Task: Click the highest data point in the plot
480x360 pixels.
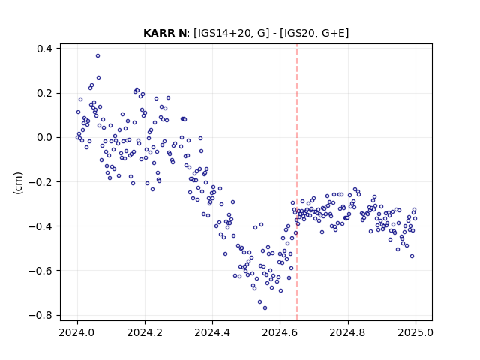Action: [97, 56]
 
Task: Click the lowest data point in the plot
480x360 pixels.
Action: [265, 307]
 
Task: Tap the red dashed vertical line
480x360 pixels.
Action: [297, 182]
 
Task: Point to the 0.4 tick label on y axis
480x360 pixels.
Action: [44, 49]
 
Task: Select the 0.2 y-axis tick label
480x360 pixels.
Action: [44, 93]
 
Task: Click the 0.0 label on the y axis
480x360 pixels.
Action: [44, 138]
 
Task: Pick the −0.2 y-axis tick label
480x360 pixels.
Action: [40, 182]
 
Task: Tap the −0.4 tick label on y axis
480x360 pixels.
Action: [40, 226]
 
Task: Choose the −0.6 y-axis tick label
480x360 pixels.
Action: [40, 271]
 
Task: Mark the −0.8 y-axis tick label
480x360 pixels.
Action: [40, 315]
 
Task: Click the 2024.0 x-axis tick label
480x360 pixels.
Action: [77, 332]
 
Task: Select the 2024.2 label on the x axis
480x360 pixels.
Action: [145, 332]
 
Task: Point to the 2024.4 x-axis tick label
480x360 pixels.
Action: [212, 332]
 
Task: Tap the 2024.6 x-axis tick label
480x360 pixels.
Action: [280, 332]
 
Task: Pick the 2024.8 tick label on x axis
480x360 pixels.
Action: [348, 332]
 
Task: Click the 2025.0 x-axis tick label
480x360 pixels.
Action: [415, 332]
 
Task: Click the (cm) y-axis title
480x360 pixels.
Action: [18, 183]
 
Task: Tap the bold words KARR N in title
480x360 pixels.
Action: [165, 33]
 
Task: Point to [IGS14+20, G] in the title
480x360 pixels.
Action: [232, 33]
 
